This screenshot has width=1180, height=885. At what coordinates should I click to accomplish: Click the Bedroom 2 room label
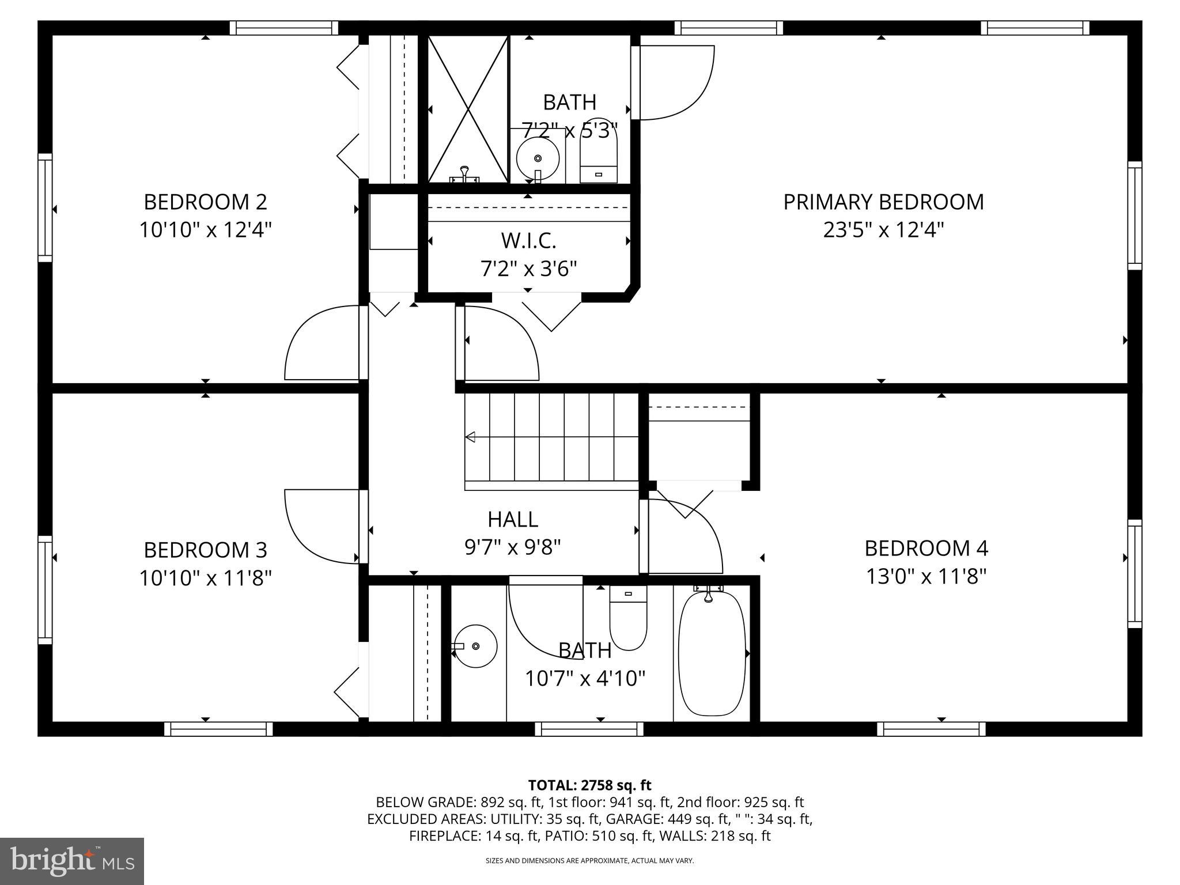coord(205,202)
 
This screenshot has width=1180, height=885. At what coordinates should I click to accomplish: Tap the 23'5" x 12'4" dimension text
coord(883,230)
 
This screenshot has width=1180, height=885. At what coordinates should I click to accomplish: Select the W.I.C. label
coord(528,241)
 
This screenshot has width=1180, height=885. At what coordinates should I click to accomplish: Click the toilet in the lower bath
coord(628,619)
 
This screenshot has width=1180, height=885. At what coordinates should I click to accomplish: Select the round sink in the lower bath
coord(476,646)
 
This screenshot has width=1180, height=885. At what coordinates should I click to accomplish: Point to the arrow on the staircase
coord(471,437)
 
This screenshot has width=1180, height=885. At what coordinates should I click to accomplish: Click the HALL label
coord(513,520)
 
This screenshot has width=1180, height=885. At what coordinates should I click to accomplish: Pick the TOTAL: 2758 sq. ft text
coord(589,785)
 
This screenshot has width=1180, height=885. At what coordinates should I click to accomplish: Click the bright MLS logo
coord(72,861)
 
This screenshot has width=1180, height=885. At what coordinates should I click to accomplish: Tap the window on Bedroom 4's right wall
coord(1134,573)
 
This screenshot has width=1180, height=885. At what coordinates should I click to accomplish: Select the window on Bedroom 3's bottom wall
coord(218,729)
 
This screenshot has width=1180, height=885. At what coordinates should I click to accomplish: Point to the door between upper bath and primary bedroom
coord(674,82)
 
